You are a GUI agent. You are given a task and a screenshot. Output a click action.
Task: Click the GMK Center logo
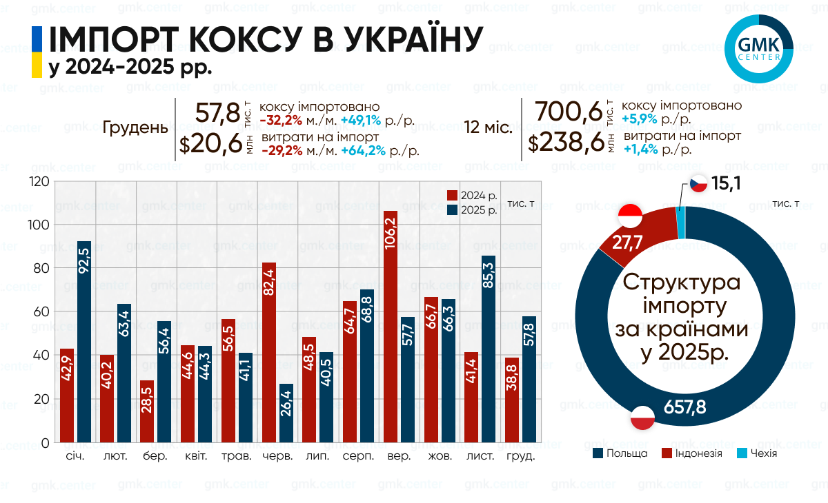pos(760,49)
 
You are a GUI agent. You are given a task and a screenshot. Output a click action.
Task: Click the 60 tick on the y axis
pos(41,312)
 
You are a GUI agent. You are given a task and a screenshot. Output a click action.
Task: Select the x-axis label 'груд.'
pos(520,457)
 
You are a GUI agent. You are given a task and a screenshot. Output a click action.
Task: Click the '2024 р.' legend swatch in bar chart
pos(453,196)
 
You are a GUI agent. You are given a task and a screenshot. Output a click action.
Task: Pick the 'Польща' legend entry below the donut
pos(620,453)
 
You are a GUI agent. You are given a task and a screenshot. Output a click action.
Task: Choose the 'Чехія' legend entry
pos(756,453)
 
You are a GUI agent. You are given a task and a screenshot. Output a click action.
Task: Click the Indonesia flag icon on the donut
pos(630,216)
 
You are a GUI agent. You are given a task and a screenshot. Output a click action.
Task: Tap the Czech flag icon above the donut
pos(698,185)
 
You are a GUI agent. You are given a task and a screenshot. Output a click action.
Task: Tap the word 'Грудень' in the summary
pos(135,128)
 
